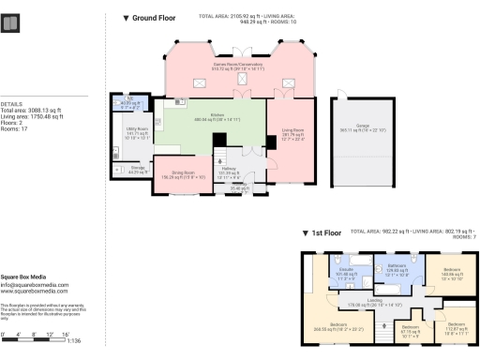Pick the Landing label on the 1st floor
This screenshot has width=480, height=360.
pos(374,300)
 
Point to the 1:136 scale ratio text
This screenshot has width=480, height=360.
pos(71,340)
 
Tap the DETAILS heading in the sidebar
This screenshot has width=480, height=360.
pos(10,104)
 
